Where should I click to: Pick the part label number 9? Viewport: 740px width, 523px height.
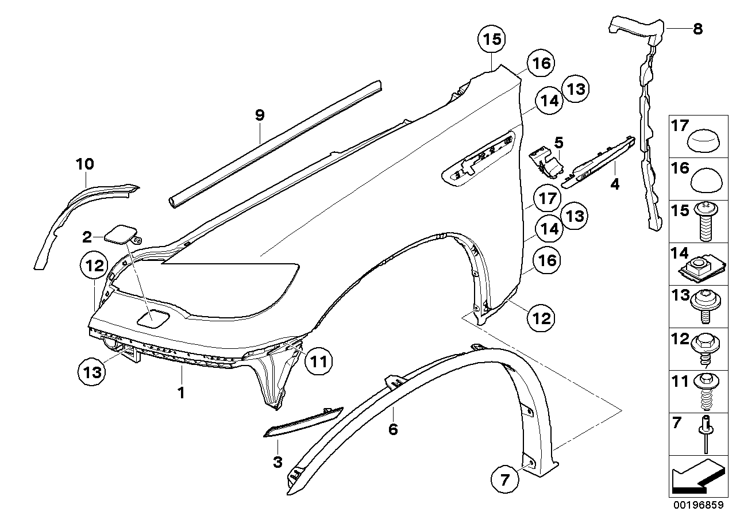[260, 115]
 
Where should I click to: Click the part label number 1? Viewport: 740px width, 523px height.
[181, 393]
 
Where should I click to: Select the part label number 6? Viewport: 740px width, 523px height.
[393, 429]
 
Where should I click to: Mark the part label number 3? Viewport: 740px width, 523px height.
[277, 462]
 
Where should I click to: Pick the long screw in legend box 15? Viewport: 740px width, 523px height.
[706, 222]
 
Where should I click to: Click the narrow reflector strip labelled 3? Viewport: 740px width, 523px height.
[303, 422]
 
